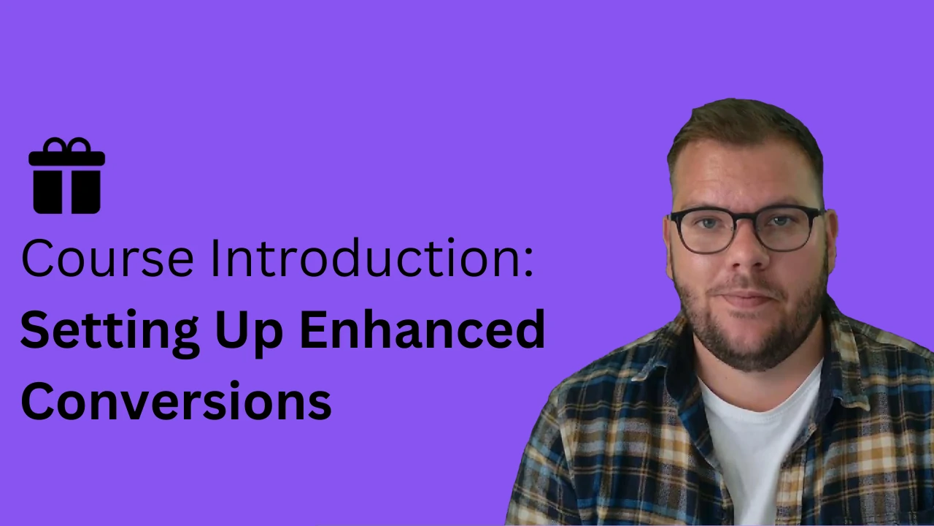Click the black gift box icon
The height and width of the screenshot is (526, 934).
click(66, 175)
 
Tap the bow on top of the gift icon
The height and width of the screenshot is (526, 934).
click(66, 145)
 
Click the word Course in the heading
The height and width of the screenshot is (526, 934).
click(107, 259)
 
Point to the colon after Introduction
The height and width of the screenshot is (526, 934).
click(529, 262)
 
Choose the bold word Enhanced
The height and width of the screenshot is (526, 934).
click(422, 329)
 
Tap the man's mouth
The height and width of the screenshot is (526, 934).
click(746, 300)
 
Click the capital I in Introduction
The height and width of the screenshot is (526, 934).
click(215, 259)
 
